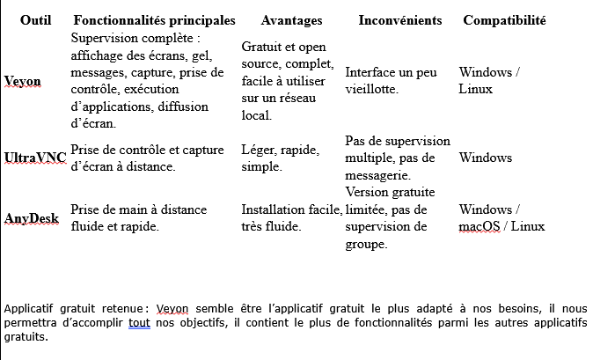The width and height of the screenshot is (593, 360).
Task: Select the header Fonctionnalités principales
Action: coord(155,19)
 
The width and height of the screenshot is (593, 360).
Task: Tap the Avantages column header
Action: coord(291,19)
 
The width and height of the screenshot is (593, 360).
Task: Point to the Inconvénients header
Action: coord(400,19)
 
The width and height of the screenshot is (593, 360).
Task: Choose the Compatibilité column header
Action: coord(504,19)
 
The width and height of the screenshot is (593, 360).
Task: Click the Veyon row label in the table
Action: coord(23,81)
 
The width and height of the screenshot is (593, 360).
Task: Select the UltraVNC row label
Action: coord(35,158)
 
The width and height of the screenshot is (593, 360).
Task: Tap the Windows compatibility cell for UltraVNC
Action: coord(486,158)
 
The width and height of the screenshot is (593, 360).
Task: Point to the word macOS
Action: coord(479,226)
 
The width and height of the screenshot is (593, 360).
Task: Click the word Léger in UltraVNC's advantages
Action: coord(258,150)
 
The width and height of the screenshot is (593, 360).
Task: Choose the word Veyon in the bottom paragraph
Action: coord(172,309)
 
